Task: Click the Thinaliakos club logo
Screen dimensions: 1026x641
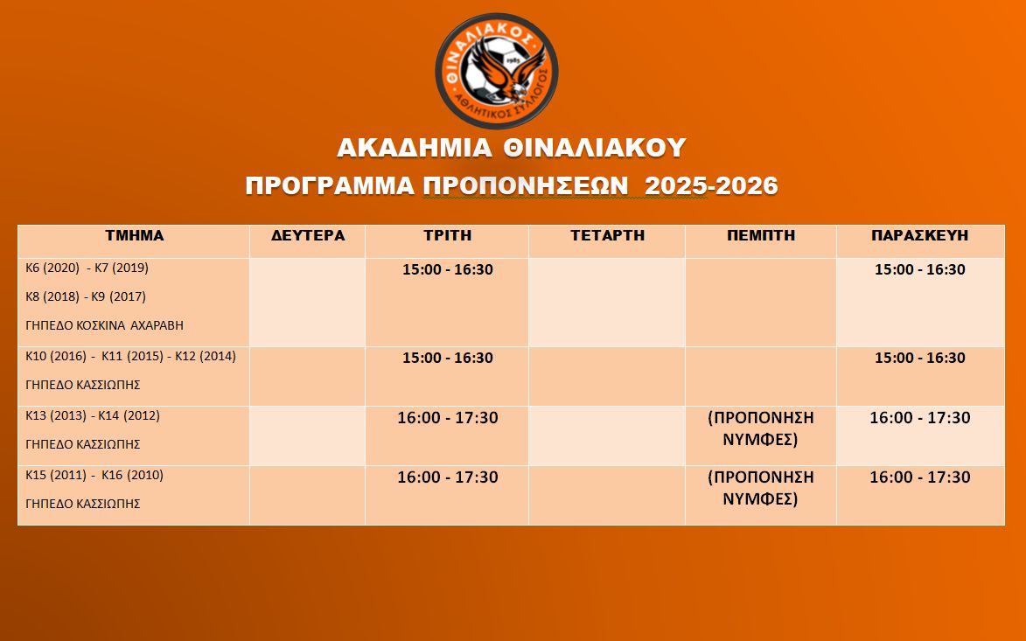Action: tap(497, 71)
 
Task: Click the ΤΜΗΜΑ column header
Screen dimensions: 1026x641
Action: tap(135, 235)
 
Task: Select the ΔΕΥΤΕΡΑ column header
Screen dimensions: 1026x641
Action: tap(308, 235)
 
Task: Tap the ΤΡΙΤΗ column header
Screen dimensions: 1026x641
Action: tap(448, 235)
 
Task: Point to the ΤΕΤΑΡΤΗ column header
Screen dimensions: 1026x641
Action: tap(607, 235)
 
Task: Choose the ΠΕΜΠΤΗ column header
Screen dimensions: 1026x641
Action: tap(761, 235)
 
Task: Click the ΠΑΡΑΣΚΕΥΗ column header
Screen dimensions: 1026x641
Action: tap(920, 235)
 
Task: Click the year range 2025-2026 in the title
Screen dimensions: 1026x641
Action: tap(711, 185)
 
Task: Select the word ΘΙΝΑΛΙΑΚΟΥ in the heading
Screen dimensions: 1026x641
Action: tap(594, 148)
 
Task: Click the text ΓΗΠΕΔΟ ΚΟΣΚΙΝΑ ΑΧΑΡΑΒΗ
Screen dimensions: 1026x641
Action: tap(105, 325)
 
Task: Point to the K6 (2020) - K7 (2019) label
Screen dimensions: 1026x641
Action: tap(87, 268)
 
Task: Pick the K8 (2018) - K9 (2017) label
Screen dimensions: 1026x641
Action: tap(86, 296)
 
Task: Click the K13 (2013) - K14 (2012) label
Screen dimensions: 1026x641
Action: tap(93, 415)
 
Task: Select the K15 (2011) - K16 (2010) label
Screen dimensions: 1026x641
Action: tap(94, 475)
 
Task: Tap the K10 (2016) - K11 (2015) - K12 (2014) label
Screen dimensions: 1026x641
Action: tap(131, 356)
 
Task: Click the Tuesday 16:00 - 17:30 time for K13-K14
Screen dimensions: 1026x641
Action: tap(448, 417)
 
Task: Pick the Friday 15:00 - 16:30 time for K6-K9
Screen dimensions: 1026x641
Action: tap(920, 269)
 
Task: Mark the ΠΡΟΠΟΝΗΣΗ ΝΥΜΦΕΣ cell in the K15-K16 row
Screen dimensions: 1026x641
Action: tap(761, 488)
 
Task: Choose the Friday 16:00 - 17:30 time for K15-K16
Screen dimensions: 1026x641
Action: tap(920, 477)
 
